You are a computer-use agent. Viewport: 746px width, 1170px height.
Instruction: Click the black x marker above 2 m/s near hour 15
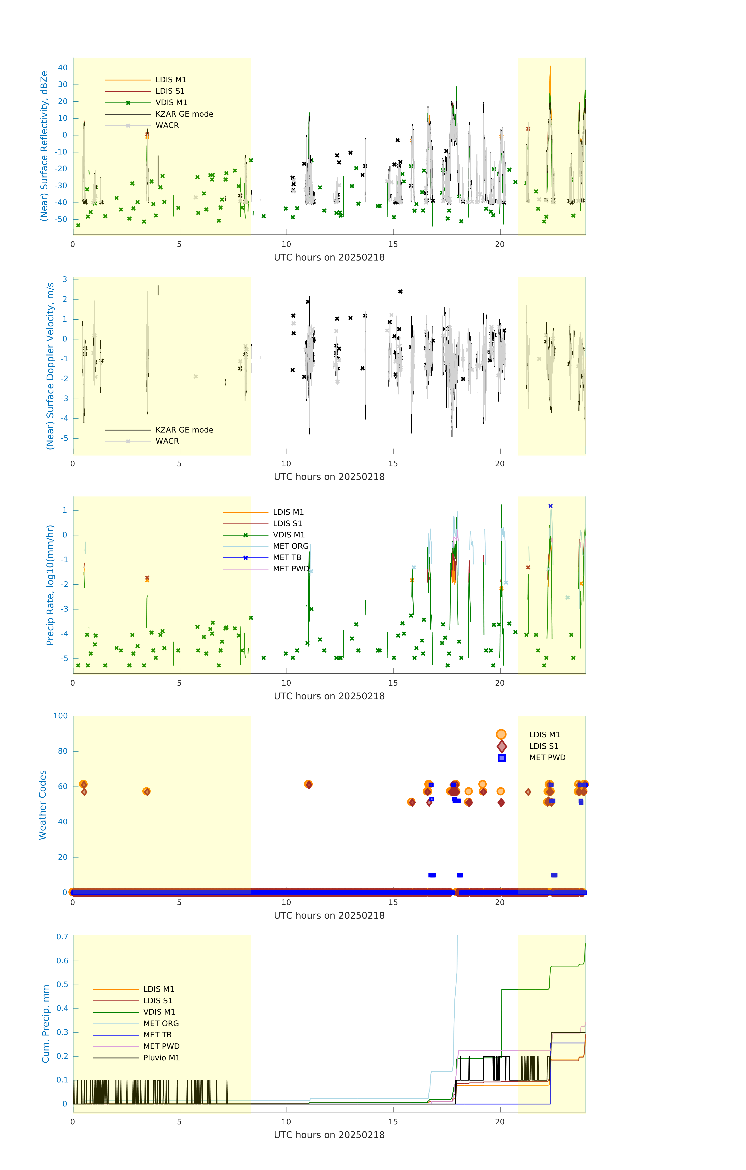pos(400,292)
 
